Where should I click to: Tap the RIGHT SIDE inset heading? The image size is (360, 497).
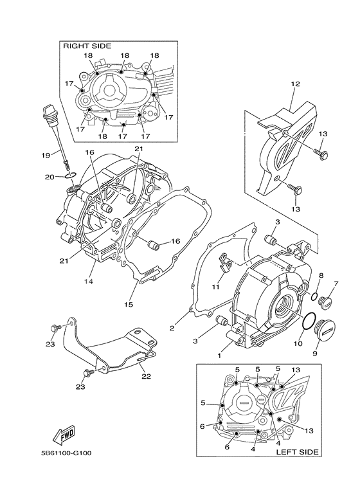pos(86,46)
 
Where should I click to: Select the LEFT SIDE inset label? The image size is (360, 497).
pos(296,453)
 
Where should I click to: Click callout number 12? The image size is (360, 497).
pos(295,84)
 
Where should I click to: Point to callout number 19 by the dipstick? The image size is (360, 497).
pos(46,155)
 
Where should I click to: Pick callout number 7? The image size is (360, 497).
pos(335,284)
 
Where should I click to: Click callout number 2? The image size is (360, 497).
pos(172,328)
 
